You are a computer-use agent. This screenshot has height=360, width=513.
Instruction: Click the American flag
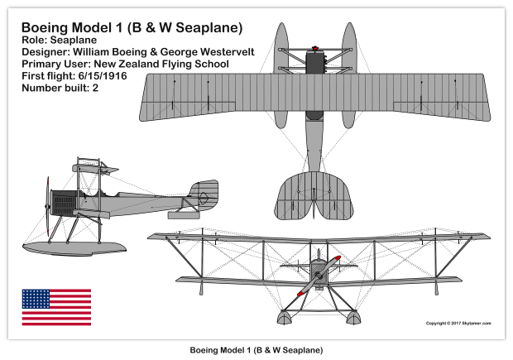[x=56, y=307]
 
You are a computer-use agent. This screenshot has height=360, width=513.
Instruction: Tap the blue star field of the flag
[x=36, y=299]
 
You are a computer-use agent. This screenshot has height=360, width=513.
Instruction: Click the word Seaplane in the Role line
[x=74, y=41]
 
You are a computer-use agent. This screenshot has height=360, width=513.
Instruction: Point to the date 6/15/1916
[x=103, y=76]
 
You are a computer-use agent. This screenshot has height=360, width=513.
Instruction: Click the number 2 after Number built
[x=95, y=88]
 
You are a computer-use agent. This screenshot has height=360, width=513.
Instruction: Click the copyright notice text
[x=458, y=324]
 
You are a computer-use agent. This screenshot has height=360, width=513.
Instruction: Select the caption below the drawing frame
[x=256, y=350]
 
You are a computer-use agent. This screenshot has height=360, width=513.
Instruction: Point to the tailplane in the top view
[x=314, y=195]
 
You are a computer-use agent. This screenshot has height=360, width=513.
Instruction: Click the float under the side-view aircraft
[x=74, y=248]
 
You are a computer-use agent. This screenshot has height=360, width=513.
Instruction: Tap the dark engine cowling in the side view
[x=65, y=203]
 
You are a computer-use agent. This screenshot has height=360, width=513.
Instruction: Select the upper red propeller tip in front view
[x=336, y=259]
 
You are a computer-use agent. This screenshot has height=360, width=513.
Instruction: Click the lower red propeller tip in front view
[x=300, y=293]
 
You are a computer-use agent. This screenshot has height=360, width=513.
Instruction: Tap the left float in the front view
[x=285, y=317]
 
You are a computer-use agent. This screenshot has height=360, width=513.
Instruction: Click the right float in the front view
[x=353, y=317]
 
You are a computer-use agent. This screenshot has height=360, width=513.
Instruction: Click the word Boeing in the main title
[x=43, y=27]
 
